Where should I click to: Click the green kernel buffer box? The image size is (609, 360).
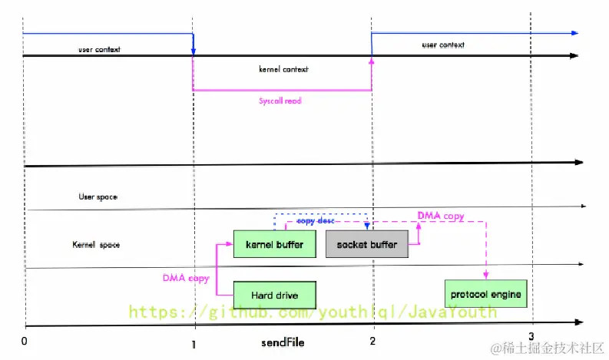coord(274,245)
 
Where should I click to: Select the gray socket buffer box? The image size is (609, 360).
coord(367,245)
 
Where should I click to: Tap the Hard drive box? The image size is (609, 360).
coord(274,295)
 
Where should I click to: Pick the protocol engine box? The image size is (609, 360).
coord(485,294)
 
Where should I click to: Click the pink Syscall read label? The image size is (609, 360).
coord(280,101)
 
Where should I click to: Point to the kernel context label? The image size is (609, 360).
coord(283,69)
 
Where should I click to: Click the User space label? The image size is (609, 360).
coord(98,197)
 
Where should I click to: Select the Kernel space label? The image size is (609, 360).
coord(96,245)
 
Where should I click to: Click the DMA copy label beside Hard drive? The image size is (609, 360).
coord(186,278)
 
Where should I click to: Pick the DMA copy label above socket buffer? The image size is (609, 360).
coord(440,216)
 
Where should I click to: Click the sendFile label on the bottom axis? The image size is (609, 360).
coord(282,343)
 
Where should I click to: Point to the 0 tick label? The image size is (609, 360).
coord(25,340)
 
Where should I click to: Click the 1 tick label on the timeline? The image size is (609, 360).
coord(194,345)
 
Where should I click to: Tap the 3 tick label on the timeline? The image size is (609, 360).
coord(531,336)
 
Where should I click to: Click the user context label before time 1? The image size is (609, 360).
coord(99,49)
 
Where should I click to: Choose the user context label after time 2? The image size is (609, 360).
coord(443,45)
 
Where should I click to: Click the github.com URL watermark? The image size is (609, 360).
coord(312,312)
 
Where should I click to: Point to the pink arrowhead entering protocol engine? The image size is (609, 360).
coord(485,275)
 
